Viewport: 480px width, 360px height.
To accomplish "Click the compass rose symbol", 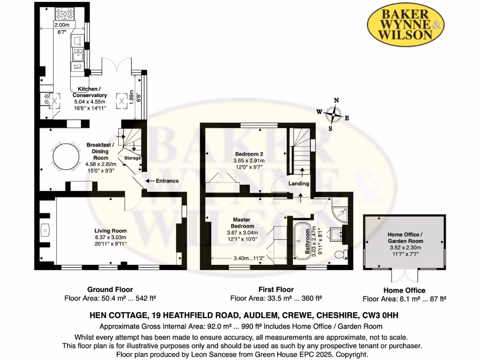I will (334, 114).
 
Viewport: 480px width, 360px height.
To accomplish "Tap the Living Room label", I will (111, 231).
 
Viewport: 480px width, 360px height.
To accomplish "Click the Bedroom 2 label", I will (246, 154).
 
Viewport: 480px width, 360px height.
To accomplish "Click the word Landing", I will (299, 184).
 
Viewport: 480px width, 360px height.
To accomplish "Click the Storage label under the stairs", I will (133, 158).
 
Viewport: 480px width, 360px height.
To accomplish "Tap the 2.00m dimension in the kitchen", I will (61, 25).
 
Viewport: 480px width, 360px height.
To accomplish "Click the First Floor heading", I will (276, 290).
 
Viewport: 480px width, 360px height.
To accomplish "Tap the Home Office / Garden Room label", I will (405, 237).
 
